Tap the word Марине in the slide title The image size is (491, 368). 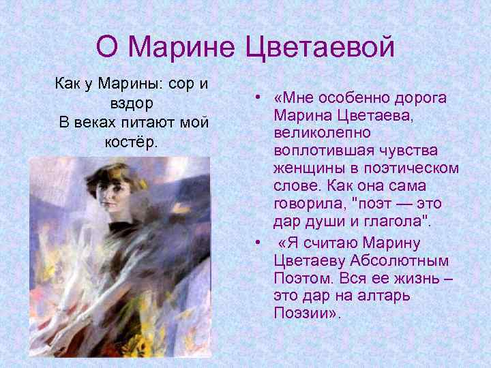pyautogui.click(x=183, y=46)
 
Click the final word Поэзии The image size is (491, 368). pyautogui.click(x=301, y=315)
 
